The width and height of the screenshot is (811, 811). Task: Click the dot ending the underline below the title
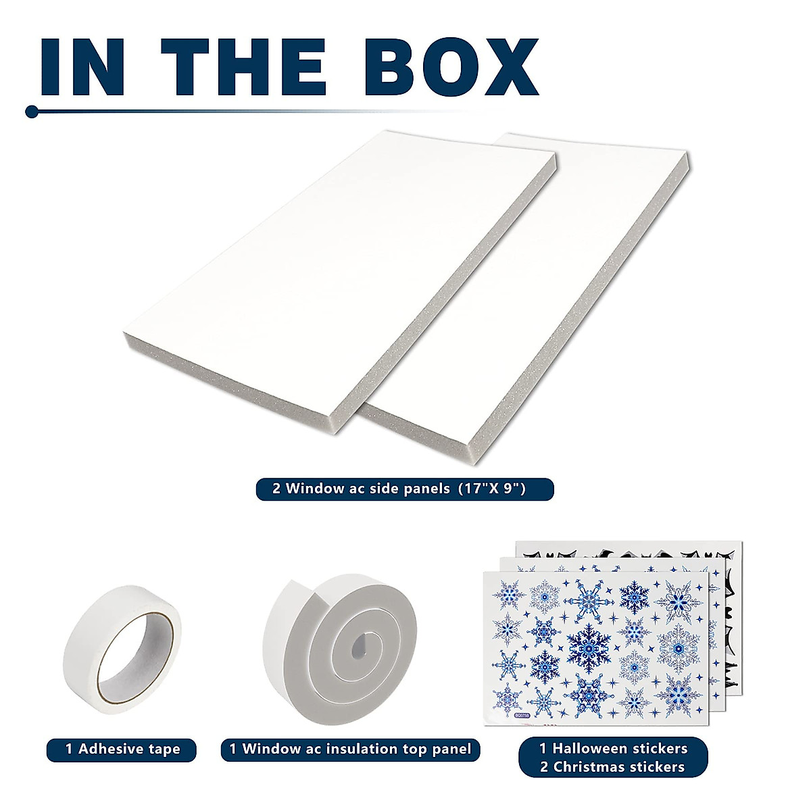pos(31,112)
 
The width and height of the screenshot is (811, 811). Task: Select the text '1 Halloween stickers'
pos(613,748)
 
